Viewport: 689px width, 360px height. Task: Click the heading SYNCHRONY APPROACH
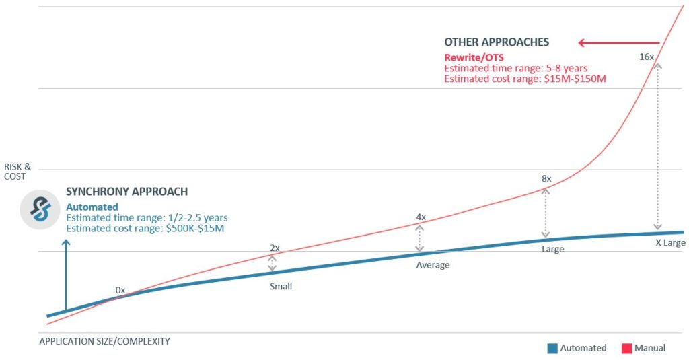[126, 192]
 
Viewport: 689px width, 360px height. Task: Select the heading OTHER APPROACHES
[497, 42]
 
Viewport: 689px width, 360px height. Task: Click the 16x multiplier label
[646, 57]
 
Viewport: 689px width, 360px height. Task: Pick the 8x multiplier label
[546, 179]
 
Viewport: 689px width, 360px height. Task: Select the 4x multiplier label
[421, 217]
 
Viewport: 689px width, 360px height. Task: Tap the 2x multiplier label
[274, 248]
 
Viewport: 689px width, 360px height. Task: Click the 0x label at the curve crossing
[120, 289]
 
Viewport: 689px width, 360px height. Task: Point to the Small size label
[281, 286]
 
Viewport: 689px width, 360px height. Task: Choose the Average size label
[433, 265]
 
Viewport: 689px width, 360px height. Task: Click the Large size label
[552, 249]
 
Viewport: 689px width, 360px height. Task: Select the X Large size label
[670, 242]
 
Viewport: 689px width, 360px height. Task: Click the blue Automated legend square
[552, 349]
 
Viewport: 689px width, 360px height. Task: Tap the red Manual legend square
[625, 349]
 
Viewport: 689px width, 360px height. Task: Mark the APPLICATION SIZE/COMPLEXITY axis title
[104, 341]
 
